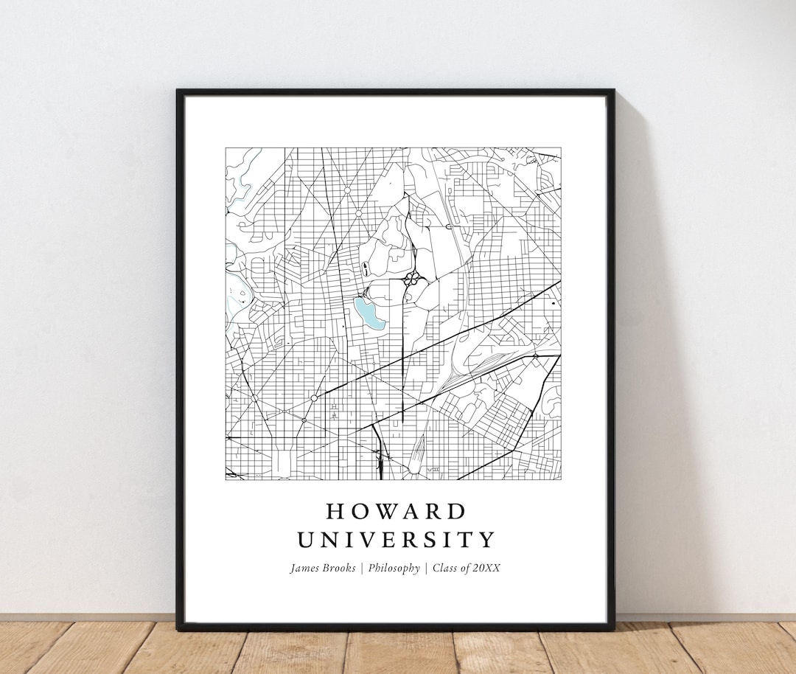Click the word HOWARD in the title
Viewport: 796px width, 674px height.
point(397,511)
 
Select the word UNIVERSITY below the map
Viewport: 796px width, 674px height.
point(397,540)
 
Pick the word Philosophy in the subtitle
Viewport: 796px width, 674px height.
point(394,569)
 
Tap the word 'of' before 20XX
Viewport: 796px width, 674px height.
point(467,568)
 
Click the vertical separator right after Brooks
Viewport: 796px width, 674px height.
point(362,568)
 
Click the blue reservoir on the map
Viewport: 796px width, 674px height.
point(368,312)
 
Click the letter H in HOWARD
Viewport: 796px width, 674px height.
point(334,511)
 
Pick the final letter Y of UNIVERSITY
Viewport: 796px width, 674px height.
point(488,540)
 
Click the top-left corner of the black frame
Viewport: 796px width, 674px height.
point(178,91)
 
